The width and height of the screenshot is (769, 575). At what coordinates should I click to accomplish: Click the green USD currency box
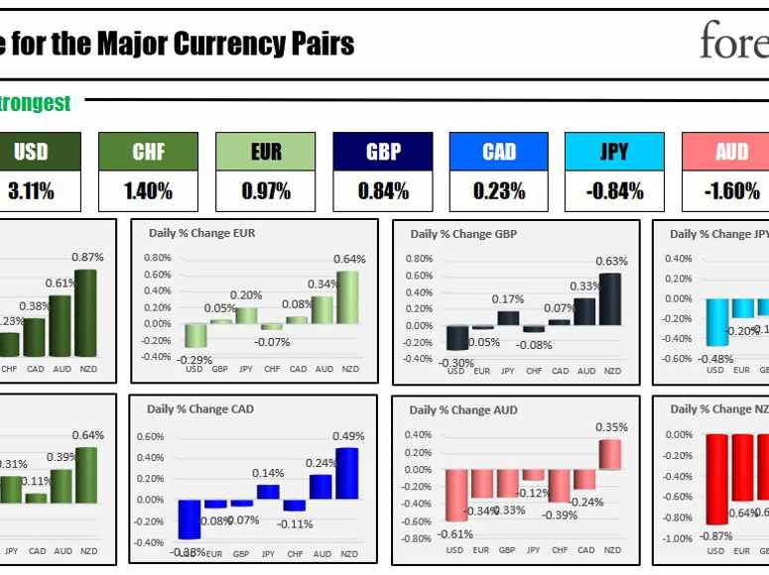[x=31, y=153]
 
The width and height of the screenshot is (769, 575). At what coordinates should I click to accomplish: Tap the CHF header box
[x=148, y=153]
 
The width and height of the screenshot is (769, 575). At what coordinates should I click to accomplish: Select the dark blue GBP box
[x=382, y=153]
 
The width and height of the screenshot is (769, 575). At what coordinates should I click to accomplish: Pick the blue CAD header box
[x=499, y=153]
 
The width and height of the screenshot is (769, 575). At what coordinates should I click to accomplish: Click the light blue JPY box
[x=615, y=153]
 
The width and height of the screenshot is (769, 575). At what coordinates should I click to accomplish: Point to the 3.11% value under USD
[x=31, y=191]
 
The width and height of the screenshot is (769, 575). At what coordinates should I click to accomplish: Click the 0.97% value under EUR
[x=265, y=191]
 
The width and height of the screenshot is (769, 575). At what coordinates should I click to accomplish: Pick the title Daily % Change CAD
[x=194, y=408]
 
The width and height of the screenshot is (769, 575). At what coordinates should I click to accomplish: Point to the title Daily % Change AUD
[x=457, y=408]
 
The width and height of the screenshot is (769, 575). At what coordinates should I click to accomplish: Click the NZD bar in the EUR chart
[x=349, y=297]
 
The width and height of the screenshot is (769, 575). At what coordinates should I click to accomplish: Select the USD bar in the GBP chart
[x=456, y=338]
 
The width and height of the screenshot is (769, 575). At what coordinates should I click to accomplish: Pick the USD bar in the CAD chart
[x=189, y=519]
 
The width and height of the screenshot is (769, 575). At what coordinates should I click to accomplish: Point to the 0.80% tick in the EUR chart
[x=158, y=258]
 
